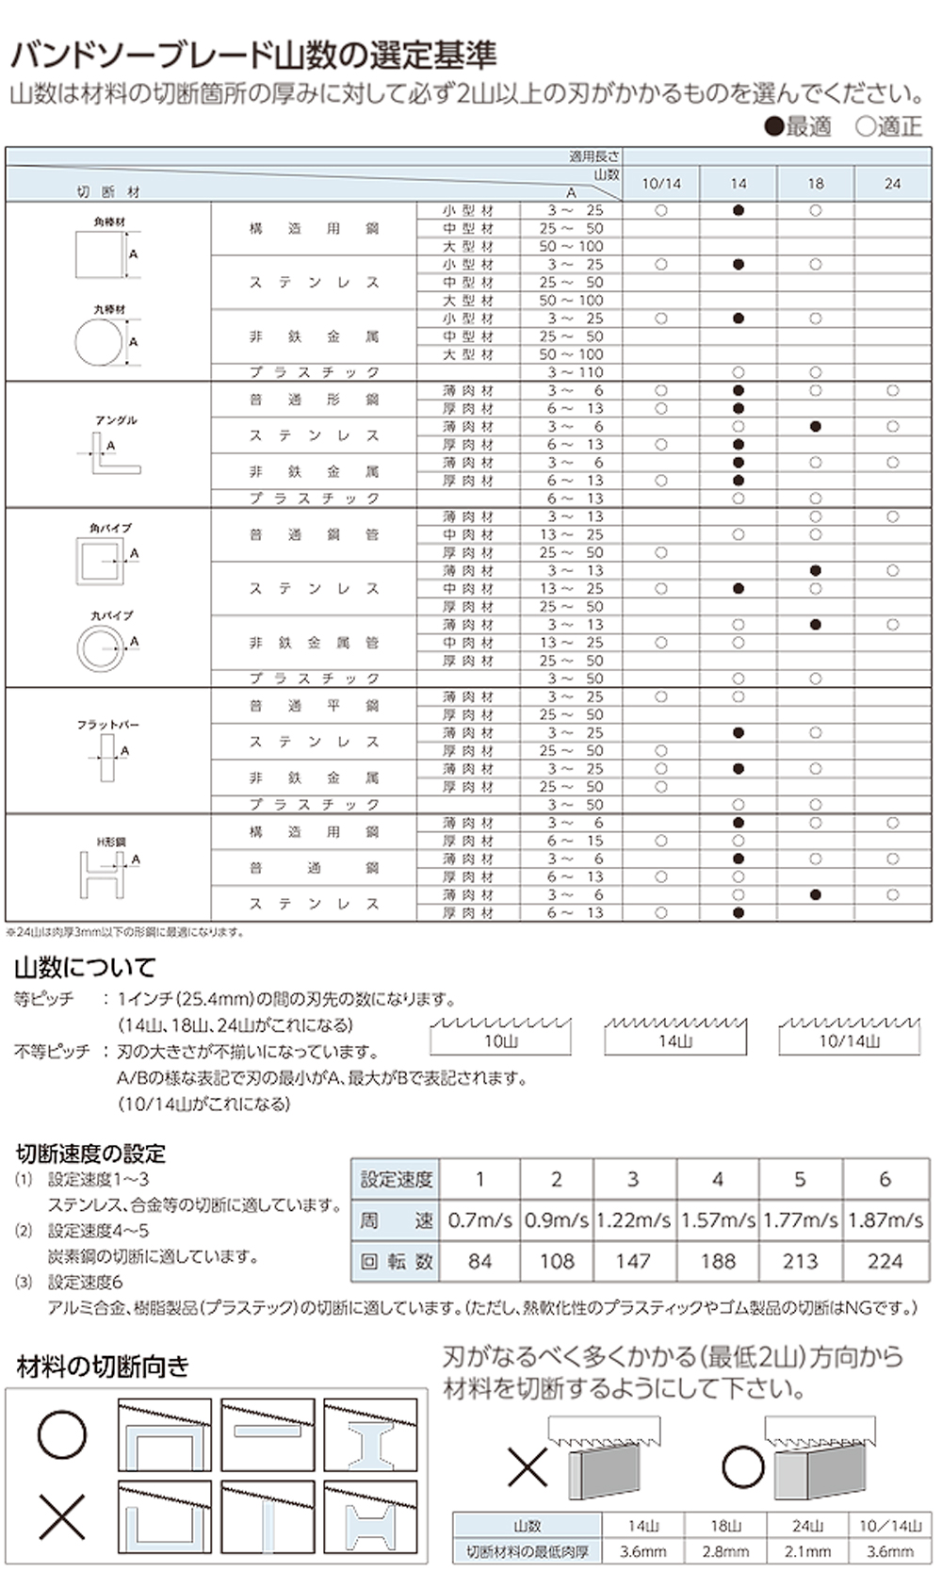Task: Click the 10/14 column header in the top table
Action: point(660,184)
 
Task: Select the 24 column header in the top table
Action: point(892,184)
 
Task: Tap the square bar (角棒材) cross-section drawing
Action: point(100,254)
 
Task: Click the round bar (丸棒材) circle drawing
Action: point(99,341)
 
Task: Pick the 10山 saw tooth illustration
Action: point(500,1035)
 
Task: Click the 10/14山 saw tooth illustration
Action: point(849,1035)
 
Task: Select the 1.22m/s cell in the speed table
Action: point(633,1220)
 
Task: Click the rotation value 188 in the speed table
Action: point(718,1261)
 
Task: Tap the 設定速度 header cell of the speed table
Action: point(397,1179)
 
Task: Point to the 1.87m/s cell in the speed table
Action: point(885,1220)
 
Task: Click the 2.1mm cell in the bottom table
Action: point(807,1550)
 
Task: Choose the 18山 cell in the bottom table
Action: point(726,1526)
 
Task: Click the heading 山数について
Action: point(85,967)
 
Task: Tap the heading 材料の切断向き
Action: point(103,1366)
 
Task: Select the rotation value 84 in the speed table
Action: point(479,1261)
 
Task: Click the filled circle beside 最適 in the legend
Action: point(774,126)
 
